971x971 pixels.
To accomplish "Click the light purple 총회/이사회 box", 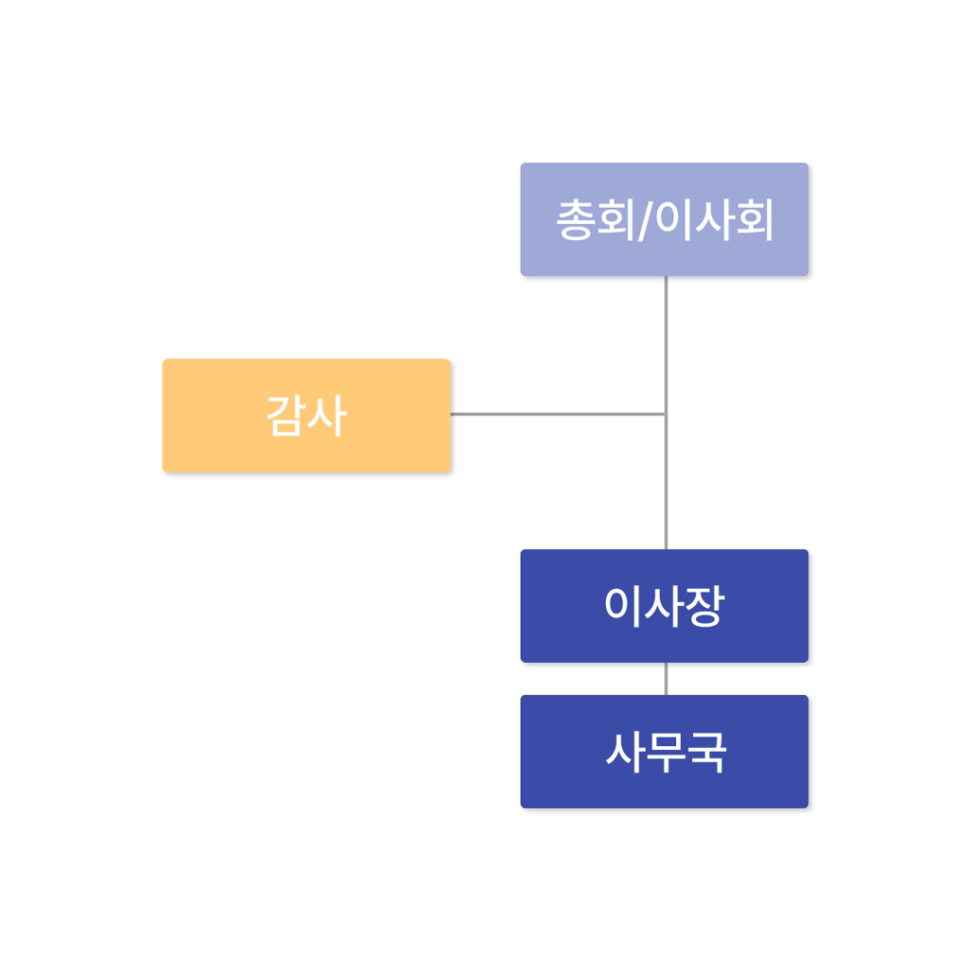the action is [665, 219].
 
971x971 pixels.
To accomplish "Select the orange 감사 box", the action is [306, 415].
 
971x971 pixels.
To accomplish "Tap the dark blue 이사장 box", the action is [665, 606].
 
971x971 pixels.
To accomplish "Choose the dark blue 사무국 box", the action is [665, 751].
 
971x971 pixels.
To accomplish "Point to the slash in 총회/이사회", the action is [645, 220].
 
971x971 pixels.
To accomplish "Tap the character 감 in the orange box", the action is [285, 415].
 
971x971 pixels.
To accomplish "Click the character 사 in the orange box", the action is [327, 415].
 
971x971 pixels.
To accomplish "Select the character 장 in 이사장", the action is [705, 606].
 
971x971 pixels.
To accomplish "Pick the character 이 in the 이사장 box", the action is [623, 606].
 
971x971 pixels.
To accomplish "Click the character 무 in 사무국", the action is [666, 752].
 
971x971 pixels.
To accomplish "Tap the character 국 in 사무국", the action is [706, 752].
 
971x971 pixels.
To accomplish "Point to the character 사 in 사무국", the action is [625, 752].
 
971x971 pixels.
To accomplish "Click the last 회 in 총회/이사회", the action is [755, 220].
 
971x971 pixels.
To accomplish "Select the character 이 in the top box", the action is [673, 220].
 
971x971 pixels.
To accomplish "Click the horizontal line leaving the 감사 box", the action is [558, 413].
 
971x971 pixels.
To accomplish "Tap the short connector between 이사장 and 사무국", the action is [666, 679].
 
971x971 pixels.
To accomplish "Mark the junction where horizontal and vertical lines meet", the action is [666, 413].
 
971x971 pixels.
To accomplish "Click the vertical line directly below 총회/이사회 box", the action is [666, 412].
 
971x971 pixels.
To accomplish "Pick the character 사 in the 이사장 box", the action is [664, 606].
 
